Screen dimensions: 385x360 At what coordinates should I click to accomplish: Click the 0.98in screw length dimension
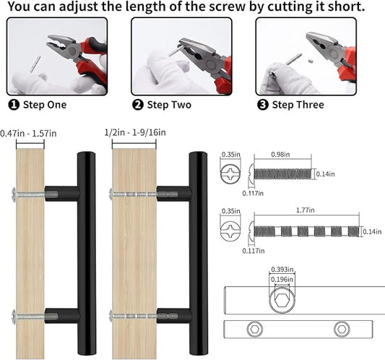[x=280, y=154]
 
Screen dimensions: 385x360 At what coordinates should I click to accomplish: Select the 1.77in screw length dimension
[x=306, y=210]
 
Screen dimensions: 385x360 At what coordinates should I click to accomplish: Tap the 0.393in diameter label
[x=282, y=270]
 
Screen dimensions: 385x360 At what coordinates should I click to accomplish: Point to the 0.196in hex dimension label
[x=282, y=280]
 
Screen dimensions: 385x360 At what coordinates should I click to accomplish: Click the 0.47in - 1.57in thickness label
[x=28, y=134]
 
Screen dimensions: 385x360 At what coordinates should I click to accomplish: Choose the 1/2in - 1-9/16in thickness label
[x=135, y=132]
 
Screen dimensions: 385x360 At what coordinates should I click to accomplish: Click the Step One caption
[x=45, y=105]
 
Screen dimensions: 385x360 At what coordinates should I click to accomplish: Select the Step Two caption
[x=169, y=105]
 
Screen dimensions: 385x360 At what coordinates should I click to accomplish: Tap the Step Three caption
[x=298, y=105]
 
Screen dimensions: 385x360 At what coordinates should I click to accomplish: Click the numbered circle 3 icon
[x=262, y=105]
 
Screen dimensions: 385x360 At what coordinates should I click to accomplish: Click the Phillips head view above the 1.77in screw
[x=230, y=230]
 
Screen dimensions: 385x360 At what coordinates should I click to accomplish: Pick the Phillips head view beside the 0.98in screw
[x=230, y=174]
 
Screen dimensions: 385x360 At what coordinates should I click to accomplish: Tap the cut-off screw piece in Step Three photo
[x=311, y=59]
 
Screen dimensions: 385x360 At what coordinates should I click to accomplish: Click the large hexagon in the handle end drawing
[x=282, y=300]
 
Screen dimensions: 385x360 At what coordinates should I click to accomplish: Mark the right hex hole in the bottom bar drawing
[x=342, y=329]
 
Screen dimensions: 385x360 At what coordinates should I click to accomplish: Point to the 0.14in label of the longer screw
[x=372, y=231]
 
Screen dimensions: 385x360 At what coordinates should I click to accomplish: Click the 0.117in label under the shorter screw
[x=253, y=194]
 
